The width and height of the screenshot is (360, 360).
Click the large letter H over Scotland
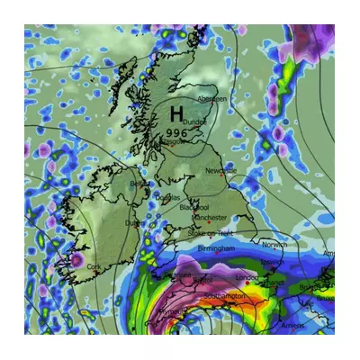(176, 115)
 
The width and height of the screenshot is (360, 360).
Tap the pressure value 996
(177, 132)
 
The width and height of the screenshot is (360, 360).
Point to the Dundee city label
(194, 121)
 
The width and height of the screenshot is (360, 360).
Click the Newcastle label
(220, 170)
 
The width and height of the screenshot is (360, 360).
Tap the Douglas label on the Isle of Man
(168, 197)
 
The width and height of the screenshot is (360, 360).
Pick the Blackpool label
(193, 207)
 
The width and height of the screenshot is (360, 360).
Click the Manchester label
(210, 218)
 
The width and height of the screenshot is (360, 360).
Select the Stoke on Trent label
(208, 233)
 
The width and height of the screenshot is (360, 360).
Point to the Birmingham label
(216, 247)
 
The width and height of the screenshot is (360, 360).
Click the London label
(246, 278)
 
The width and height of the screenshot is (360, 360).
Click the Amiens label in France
(292, 326)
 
